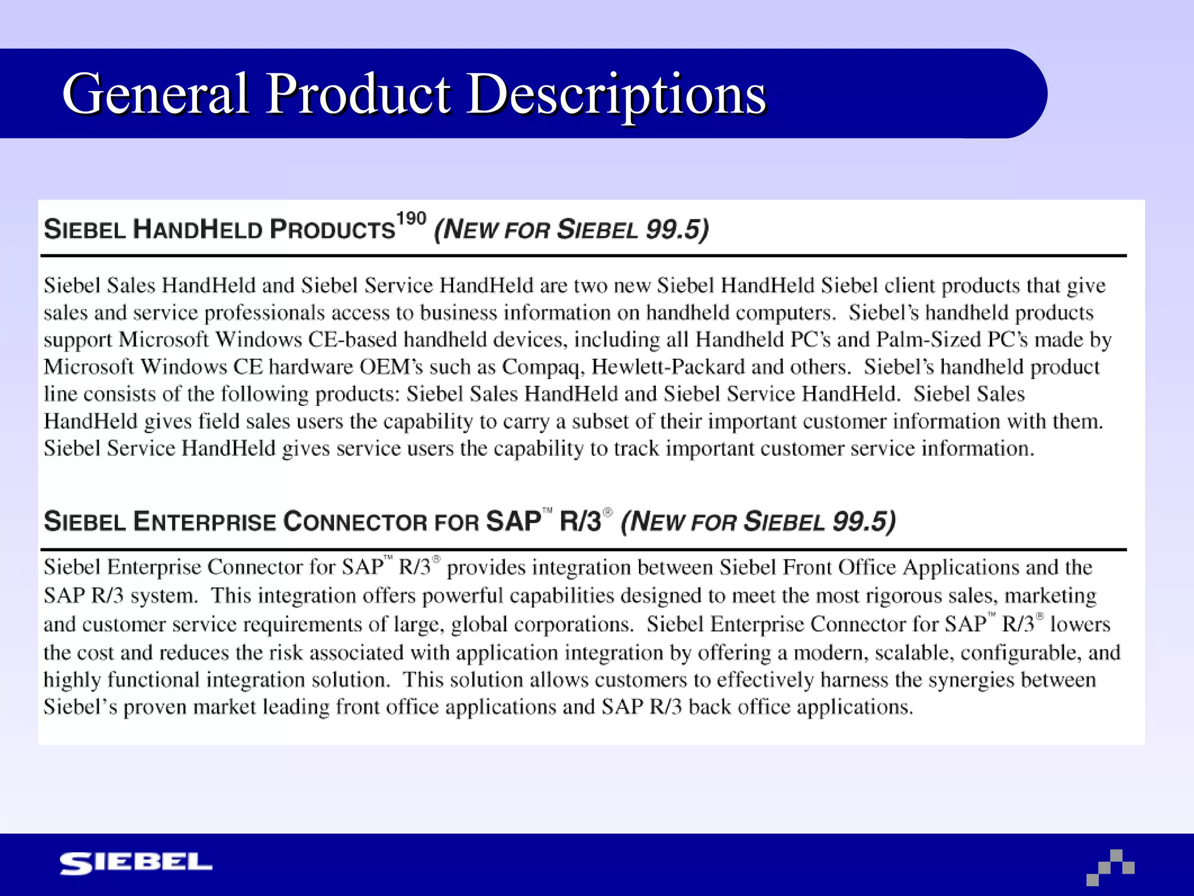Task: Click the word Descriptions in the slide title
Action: (x=617, y=94)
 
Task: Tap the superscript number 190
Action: (x=411, y=219)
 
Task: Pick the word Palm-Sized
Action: (x=929, y=339)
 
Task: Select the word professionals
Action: (x=264, y=313)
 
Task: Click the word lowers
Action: (x=1080, y=624)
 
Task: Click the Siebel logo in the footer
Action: (x=136, y=863)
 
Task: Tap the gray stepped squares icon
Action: (x=1111, y=867)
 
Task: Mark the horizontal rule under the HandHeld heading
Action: (x=583, y=256)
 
